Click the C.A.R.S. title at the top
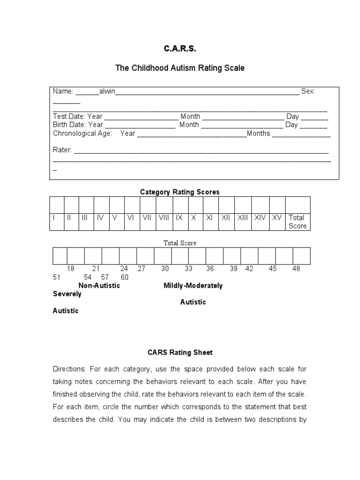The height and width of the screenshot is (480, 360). pos(180,48)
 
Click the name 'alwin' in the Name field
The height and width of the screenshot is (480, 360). pos(107,91)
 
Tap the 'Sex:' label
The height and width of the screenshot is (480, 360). pos(308,91)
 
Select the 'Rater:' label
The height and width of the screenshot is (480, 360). pos(62,150)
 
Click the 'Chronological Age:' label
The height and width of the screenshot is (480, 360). pos(82,134)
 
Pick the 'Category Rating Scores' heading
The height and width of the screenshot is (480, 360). pos(180,192)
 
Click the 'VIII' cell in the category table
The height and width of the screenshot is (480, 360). pos(164,217)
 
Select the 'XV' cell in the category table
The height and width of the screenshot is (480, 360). pos(277,217)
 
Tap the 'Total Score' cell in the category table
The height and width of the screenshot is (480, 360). pos(297,222)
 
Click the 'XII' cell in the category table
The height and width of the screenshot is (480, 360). pos(226,217)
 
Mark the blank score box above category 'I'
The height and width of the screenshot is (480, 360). pos(57,205)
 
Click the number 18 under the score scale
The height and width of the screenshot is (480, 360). pos(71,269)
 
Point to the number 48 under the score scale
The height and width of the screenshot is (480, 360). pos(296,269)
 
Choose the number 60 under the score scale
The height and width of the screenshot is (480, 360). pos(124,277)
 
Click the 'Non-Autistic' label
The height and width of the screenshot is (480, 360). pos(99,285)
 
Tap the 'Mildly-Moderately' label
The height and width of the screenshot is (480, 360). pos(193,285)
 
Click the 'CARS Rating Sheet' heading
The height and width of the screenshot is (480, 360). pos(180,352)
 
